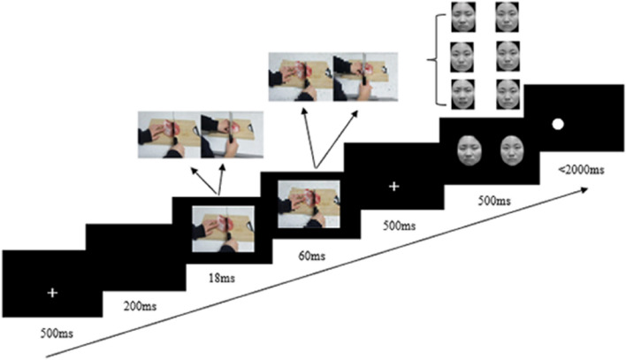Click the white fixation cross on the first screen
tap(52, 292)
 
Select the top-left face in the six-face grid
tap(465, 18)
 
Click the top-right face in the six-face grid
tap(506, 18)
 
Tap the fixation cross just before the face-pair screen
tap(394, 187)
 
